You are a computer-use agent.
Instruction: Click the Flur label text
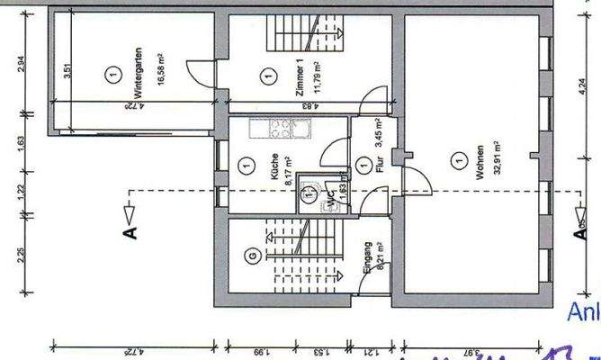[x=381, y=166]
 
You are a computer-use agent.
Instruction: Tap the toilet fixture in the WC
[x=309, y=191]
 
